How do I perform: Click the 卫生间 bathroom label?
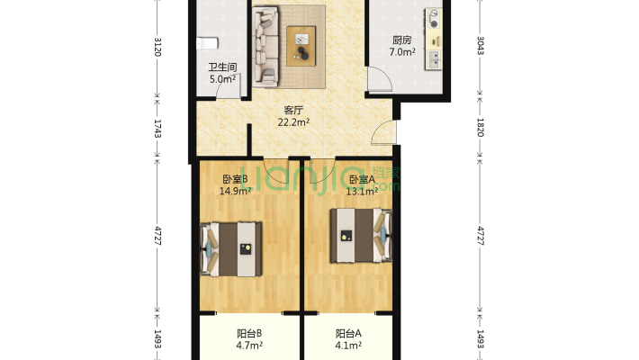[222, 67]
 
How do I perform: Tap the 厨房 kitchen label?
[402, 40]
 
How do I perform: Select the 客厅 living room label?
[293, 110]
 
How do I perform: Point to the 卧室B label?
[235, 178]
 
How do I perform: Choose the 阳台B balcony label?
[248, 332]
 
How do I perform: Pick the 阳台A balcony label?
[348, 332]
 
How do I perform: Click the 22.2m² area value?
[293, 122]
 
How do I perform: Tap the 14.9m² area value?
[235, 190]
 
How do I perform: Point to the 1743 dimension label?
[158, 128]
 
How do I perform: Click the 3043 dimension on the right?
[480, 45]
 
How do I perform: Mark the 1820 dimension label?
[480, 128]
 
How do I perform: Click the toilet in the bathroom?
[208, 41]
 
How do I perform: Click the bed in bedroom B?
[232, 248]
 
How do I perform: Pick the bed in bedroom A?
[359, 235]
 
